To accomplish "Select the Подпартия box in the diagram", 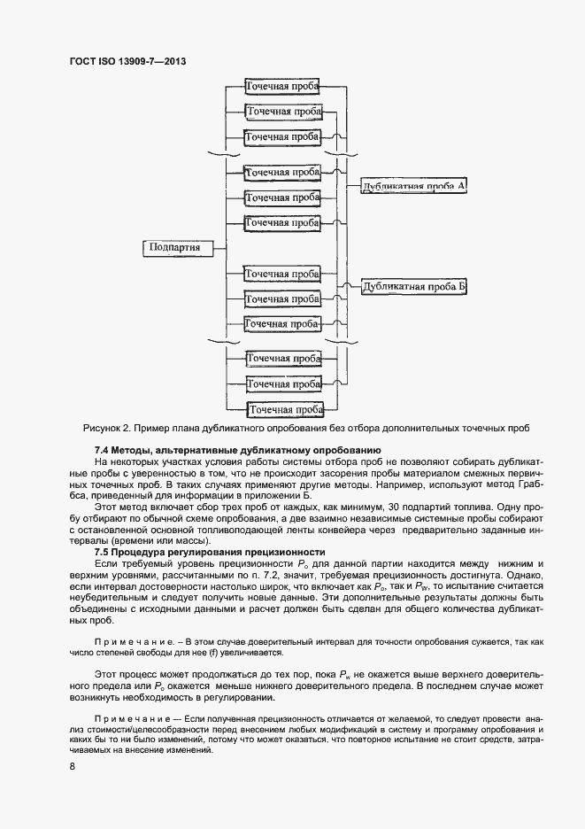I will point(174,247).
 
